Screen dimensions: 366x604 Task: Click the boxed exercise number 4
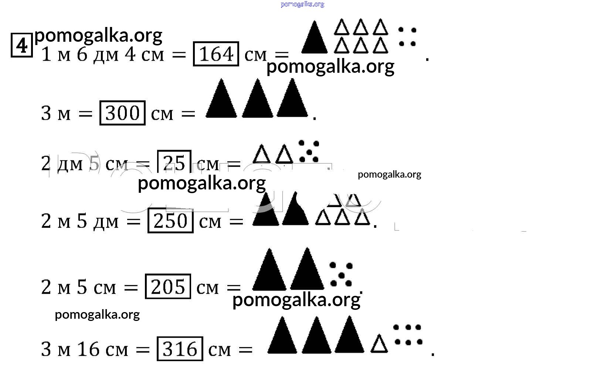(22, 45)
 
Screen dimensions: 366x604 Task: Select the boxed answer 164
(216, 54)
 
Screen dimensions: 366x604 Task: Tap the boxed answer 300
(122, 113)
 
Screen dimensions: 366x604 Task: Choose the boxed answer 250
(170, 221)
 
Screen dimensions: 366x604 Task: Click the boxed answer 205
(168, 287)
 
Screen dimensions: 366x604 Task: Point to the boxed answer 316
(180, 349)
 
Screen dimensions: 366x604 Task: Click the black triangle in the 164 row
(314, 39)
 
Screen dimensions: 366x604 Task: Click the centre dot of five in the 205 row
(341, 276)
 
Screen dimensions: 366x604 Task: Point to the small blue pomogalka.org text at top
(302, 4)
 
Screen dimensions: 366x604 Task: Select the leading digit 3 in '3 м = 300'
(46, 113)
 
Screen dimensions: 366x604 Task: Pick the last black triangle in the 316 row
(349, 336)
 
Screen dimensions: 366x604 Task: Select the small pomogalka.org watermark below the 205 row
(97, 315)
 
